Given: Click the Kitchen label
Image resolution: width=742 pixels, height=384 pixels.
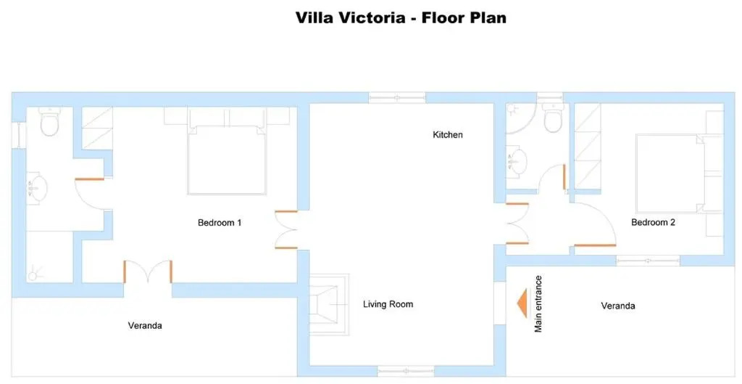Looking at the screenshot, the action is tap(448, 134).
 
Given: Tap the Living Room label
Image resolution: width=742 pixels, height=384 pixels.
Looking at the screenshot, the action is tap(388, 304).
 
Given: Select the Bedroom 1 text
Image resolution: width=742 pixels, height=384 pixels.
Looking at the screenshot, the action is tap(220, 222).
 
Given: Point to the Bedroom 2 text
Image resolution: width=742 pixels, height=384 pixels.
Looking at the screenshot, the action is tap(653, 222).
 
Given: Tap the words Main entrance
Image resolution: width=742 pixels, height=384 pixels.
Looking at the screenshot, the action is tap(538, 304).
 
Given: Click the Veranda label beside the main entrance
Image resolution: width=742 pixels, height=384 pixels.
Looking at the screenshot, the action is tap(618, 306).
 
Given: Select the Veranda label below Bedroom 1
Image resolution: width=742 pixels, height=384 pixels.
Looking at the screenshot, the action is tap(145, 326).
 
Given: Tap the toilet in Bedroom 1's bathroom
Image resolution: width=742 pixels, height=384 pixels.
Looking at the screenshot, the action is tap(49, 121).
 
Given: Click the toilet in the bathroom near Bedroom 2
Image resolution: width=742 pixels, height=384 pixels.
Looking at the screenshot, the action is tap(553, 118).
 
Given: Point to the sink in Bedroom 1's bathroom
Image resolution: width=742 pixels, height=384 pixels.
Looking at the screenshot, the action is tap(37, 188).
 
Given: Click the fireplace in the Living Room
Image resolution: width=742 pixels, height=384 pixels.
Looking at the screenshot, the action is tap(329, 304).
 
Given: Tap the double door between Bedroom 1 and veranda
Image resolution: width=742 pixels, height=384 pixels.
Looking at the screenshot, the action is tap(148, 272).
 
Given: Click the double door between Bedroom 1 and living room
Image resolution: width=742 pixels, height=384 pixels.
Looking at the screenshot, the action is tap(286, 230).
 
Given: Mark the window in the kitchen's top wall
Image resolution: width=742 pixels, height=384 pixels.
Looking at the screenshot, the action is tap(397, 98).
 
